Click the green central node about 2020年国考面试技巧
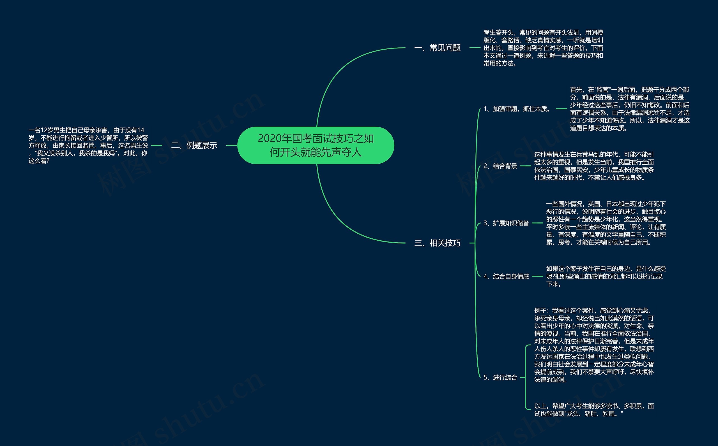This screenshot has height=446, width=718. (x=316, y=145)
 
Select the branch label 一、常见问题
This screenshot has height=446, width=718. (x=437, y=48)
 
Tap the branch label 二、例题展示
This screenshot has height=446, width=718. (x=194, y=145)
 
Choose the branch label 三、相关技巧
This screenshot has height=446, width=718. (x=437, y=243)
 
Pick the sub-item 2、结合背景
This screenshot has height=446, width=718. (x=500, y=166)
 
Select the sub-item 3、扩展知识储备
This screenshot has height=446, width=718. (x=506, y=223)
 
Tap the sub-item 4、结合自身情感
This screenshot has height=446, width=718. (x=506, y=277)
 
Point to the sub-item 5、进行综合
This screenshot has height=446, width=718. (x=500, y=377)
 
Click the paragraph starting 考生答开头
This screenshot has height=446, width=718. (x=543, y=48)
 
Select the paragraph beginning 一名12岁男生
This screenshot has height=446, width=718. (x=88, y=145)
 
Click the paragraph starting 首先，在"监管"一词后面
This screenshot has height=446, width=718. (x=629, y=109)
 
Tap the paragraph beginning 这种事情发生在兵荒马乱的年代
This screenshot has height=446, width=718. (x=594, y=166)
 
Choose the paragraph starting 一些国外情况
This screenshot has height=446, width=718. (x=606, y=223)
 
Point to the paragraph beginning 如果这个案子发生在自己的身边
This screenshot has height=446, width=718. (x=606, y=277)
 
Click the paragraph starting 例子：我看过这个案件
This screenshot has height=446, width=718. (x=594, y=345)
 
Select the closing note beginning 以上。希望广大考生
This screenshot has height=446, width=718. (x=594, y=410)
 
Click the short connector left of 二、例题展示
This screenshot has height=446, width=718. (x=157, y=145)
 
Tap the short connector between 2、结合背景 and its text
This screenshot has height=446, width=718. (x=525, y=166)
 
